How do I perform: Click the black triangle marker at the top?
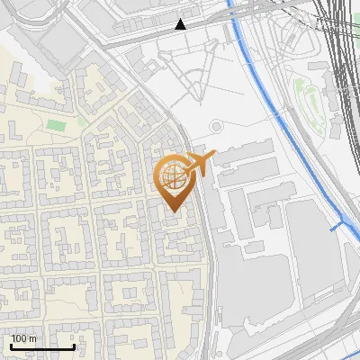[181, 24]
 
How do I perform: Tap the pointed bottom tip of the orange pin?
[174, 213]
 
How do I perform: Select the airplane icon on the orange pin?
[200, 163]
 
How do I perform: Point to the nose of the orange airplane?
[213, 155]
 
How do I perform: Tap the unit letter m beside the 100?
[33, 338]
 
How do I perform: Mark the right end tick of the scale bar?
[74, 346]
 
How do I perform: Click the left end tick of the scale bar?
[10, 346]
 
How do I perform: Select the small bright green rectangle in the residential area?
[57, 124]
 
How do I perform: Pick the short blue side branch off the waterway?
[338, 225]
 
